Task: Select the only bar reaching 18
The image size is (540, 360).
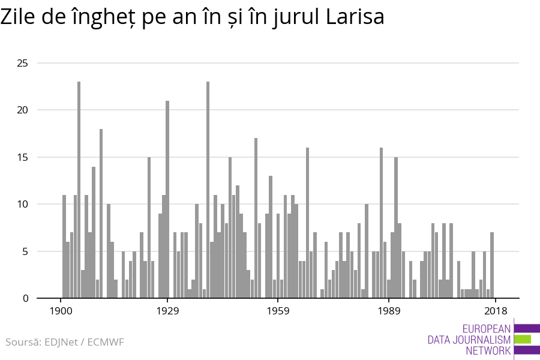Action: point(101,214)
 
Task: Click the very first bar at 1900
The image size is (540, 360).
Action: point(64,247)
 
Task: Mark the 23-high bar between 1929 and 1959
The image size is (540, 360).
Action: point(208,190)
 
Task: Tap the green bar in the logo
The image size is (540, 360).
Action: point(523,339)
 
